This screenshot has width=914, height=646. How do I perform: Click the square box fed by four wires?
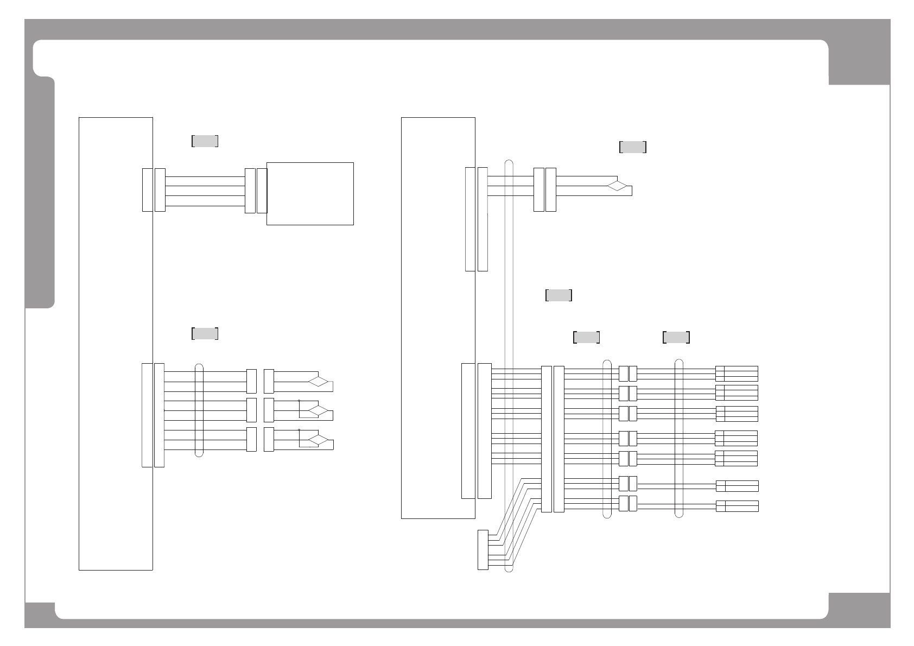310,193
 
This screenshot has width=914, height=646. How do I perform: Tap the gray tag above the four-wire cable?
205,141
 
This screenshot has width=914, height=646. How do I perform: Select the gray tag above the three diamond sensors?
205,333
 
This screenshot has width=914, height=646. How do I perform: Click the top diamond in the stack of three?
319,381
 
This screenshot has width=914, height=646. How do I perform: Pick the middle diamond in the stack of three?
319,410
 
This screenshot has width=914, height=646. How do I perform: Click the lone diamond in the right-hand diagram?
617,186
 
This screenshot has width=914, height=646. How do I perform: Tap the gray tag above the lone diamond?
633,147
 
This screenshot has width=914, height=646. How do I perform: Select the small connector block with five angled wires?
483,549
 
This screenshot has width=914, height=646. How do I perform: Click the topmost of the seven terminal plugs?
737,373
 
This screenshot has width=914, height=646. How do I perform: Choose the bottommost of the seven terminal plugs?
737,506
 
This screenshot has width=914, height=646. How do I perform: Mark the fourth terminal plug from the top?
737,438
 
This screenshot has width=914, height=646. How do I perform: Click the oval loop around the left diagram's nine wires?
199,410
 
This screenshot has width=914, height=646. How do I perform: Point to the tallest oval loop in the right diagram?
509,366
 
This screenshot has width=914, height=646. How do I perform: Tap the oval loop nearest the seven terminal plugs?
678,438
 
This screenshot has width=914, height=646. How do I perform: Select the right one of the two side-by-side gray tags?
676,337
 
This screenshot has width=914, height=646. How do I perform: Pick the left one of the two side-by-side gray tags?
586,337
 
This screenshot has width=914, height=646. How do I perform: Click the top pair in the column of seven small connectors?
628,373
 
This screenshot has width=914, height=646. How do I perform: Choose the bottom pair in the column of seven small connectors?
628,503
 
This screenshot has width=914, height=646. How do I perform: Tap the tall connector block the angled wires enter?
547,439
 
